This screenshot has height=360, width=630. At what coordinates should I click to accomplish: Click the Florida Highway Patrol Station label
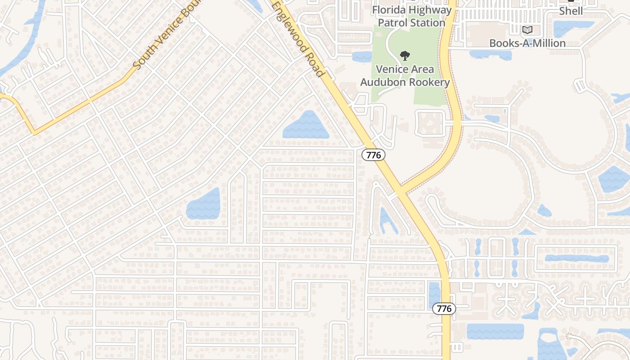(412, 16)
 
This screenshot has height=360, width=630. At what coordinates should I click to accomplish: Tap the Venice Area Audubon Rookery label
(405, 76)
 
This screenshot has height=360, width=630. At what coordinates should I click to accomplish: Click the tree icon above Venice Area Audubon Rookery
(405, 56)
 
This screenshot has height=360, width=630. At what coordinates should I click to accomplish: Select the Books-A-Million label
(527, 43)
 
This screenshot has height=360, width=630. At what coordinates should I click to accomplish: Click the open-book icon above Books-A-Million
(527, 30)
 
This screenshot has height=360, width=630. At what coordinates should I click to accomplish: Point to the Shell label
(571, 11)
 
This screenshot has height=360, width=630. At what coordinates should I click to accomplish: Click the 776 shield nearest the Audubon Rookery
(373, 155)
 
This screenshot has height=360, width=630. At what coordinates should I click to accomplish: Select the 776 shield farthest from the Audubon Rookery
(444, 308)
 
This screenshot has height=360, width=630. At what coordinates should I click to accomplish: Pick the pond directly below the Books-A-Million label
(490, 55)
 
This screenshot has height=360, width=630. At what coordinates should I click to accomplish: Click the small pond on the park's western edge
(362, 56)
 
